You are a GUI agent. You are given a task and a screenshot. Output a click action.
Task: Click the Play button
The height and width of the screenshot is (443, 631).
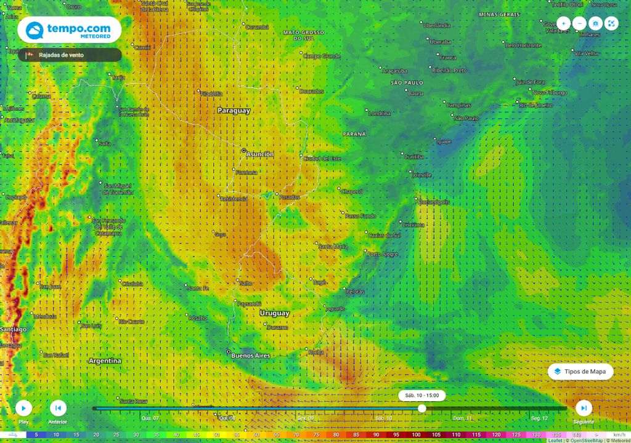[x=23, y=407]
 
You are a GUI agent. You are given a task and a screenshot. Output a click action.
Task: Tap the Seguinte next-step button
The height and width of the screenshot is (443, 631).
[x=584, y=407]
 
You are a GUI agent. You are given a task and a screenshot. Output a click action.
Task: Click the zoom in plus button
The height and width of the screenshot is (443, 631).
[x=564, y=23]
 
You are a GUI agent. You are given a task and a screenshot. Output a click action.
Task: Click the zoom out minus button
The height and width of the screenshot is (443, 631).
[x=579, y=23]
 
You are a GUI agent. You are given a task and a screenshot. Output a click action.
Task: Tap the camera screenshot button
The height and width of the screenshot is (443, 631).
[x=595, y=23]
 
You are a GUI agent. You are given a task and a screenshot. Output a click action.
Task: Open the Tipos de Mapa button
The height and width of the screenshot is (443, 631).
[x=581, y=372]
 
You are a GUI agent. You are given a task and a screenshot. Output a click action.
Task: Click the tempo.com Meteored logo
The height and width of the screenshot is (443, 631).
[x=69, y=30]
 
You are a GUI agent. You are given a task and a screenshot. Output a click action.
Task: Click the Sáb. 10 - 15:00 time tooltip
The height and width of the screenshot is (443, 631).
[x=422, y=395]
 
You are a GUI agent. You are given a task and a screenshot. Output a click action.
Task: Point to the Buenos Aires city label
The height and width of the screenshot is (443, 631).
[x=251, y=356]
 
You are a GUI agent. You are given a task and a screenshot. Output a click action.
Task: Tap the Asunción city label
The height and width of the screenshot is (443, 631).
[x=259, y=154]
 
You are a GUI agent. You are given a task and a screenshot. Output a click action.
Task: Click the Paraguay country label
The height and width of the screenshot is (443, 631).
[x=234, y=111]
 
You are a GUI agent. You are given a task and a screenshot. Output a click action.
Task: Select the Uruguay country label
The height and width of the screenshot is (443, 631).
[x=274, y=313]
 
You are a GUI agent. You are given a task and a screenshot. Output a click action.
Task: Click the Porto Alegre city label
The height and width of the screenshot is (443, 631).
[x=383, y=253]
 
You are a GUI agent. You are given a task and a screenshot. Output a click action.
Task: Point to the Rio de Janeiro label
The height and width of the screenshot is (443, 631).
[x=536, y=105]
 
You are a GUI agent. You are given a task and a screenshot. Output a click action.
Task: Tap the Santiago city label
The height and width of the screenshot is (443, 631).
[x=13, y=330]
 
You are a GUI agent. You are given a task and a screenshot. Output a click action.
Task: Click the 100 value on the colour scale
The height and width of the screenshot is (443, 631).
[x=416, y=434]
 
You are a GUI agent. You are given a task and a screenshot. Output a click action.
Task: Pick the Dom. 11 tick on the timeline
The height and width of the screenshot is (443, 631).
[x=462, y=418]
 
